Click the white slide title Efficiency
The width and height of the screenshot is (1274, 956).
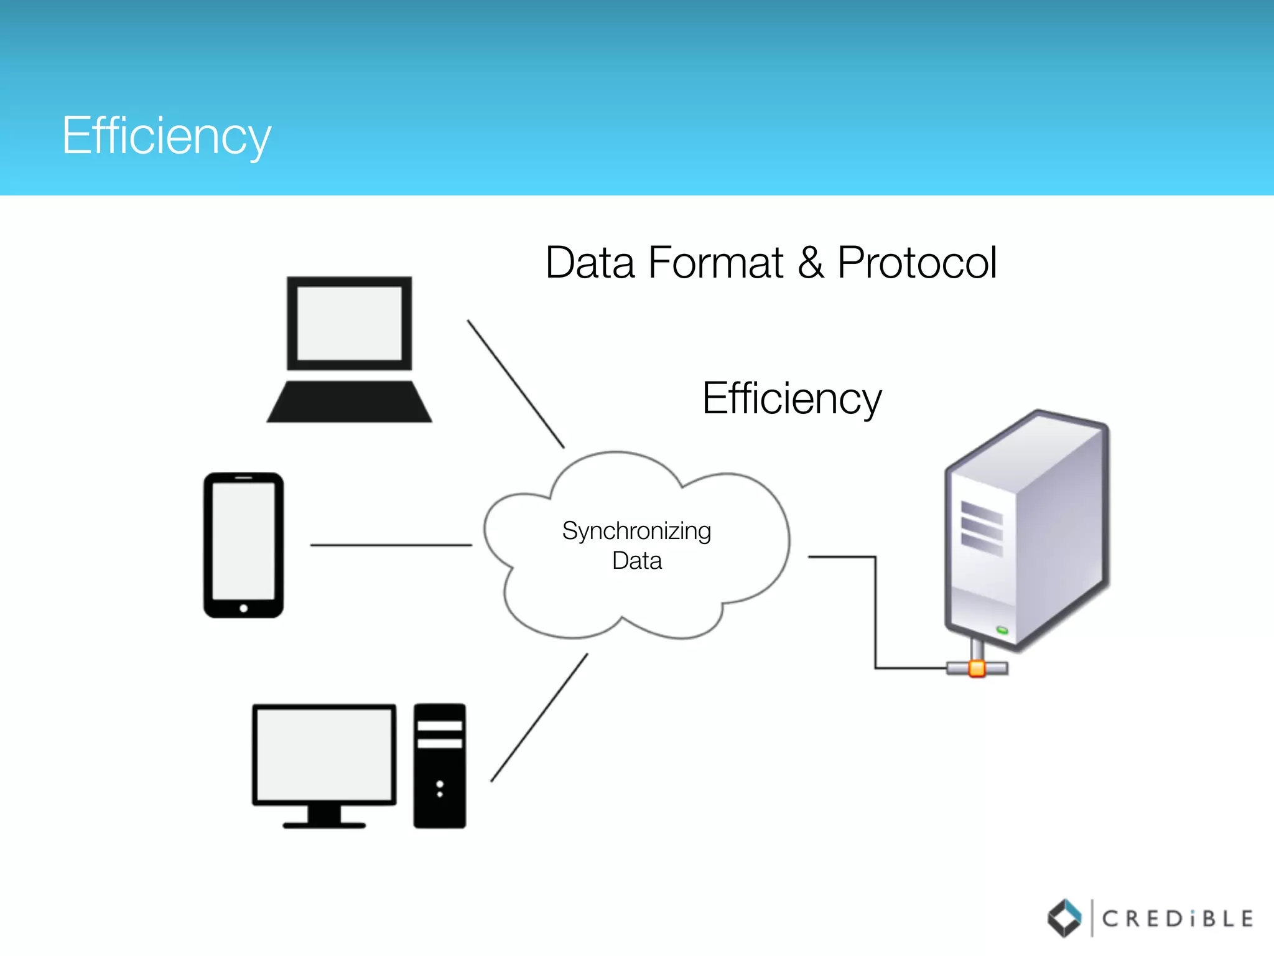coord(166,135)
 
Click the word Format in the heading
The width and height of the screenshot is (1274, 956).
coord(715,263)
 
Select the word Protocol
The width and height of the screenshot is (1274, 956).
coord(917,263)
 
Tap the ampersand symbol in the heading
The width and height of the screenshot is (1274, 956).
coord(811,263)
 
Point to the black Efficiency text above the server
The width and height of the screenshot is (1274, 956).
coord(791,398)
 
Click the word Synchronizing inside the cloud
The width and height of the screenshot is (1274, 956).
coord(636,531)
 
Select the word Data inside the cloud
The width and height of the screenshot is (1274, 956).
coord(636,561)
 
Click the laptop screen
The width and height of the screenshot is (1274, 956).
coord(349,323)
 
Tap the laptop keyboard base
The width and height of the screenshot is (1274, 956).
coord(349,402)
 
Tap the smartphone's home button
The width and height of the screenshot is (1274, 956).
coord(243,608)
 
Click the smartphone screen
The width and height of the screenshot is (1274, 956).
coord(243,540)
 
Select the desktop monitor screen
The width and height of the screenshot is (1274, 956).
coord(324,754)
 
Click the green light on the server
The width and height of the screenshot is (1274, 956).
coord(1002,630)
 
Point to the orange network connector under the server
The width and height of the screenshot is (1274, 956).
coord(977,668)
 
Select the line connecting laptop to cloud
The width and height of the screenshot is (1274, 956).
coord(516,384)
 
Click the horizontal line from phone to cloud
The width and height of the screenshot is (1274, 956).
coord(391,545)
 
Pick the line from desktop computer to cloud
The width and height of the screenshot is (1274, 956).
coord(539,718)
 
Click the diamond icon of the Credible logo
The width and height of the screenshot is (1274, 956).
coord(1064,918)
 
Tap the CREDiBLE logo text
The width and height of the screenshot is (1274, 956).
coord(1177,919)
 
